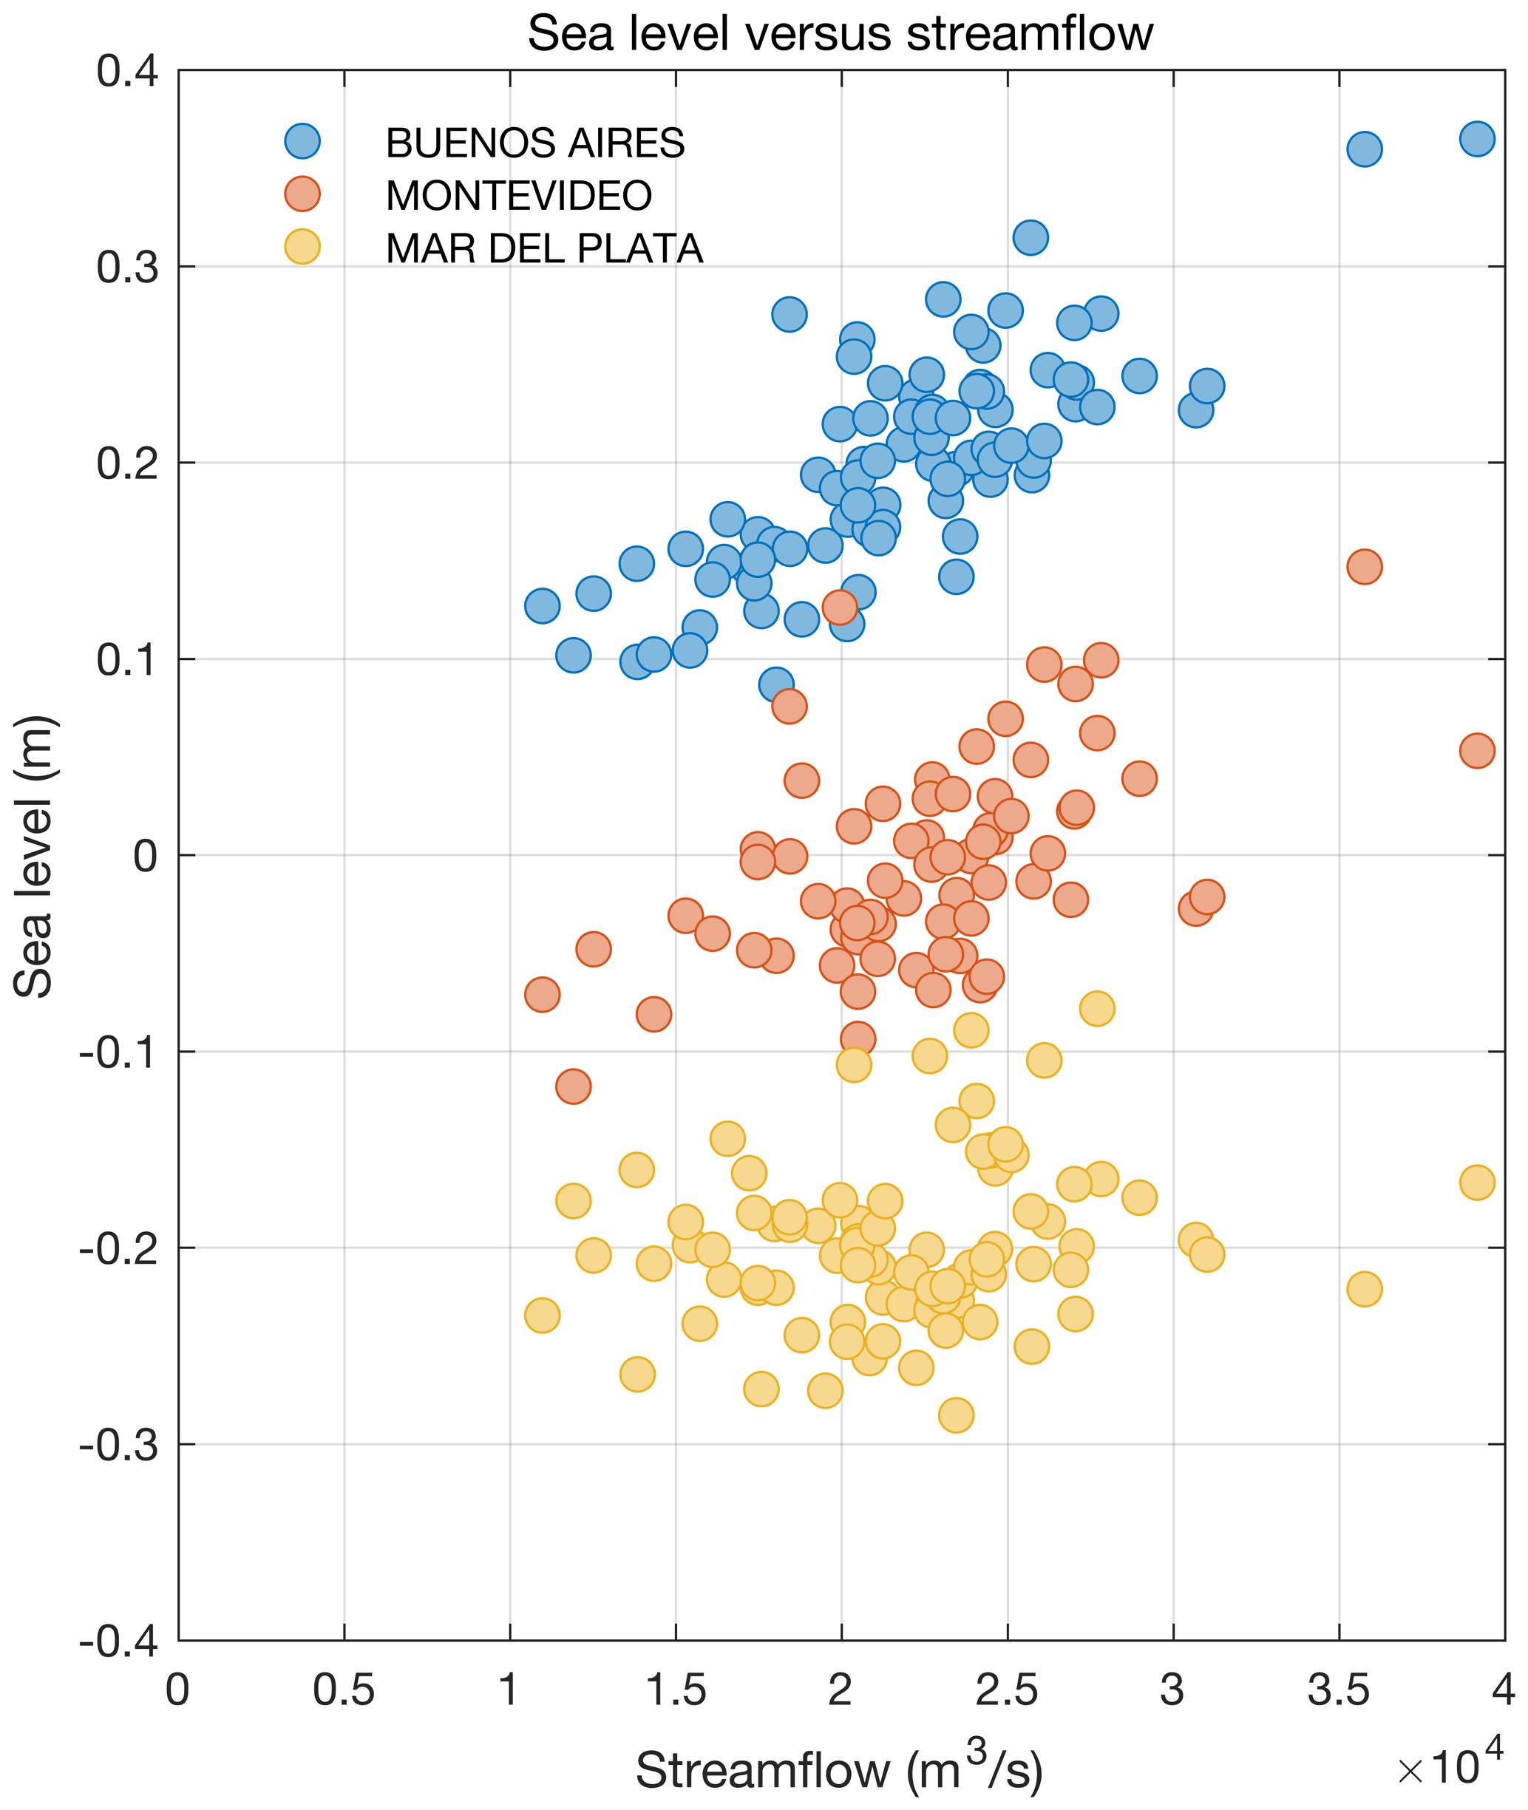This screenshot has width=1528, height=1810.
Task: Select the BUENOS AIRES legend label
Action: (x=534, y=143)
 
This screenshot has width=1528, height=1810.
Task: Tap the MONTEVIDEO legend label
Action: (x=518, y=196)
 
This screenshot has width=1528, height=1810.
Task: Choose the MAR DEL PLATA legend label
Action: (x=543, y=248)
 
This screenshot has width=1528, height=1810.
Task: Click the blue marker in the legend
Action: (x=302, y=141)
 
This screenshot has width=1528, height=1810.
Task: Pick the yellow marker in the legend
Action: (x=302, y=247)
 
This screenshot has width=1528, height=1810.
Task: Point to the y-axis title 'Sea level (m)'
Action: (x=35, y=857)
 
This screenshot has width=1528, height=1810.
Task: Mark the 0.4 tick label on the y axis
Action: (x=127, y=71)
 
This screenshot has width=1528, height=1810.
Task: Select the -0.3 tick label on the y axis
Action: (x=119, y=1445)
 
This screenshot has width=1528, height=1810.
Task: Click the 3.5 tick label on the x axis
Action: (x=1338, y=1690)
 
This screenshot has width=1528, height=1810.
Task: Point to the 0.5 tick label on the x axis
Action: (x=343, y=1690)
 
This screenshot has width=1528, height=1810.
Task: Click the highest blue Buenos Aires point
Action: (x=1477, y=138)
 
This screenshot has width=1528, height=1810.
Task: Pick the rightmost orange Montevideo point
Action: (x=1477, y=751)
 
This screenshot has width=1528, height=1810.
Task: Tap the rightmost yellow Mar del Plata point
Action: (x=1477, y=1182)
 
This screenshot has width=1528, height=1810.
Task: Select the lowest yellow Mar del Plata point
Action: (x=955, y=1415)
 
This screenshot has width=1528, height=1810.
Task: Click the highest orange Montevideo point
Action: (x=838, y=607)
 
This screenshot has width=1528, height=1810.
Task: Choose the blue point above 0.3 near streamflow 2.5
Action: (x=1030, y=237)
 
